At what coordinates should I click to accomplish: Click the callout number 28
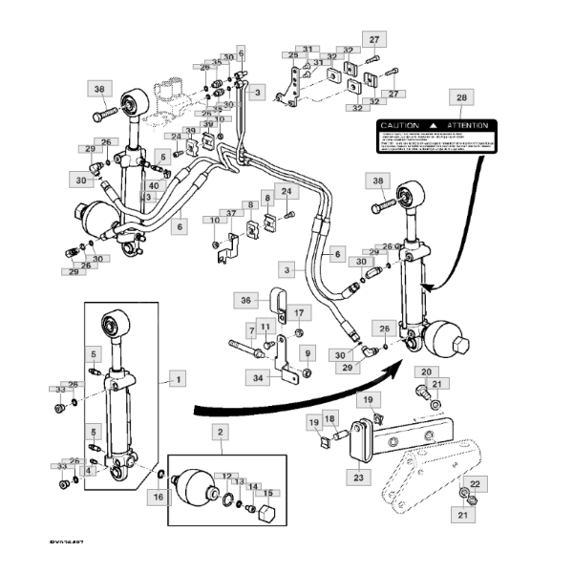pyautogui.click(x=461, y=98)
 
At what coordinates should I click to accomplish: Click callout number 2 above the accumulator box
pyautogui.click(x=220, y=433)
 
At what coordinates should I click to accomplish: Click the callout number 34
pyautogui.click(x=257, y=378)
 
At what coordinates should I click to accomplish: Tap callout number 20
pyautogui.click(x=426, y=371)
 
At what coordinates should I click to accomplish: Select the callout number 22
pyautogui.click(x=476, y=483)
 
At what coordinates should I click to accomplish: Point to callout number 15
pyautogui.click(x=268, y=494)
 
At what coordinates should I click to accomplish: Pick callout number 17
pyautogui.click(x=297, y=312)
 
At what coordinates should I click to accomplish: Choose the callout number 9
pyautogui.click(x=308, y=352)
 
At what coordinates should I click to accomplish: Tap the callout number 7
pyautogui.click(x=252, y=330)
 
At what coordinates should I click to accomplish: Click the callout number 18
pyautogui.click(x=329, y=419)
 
